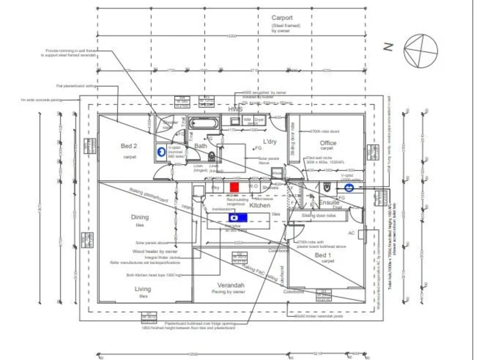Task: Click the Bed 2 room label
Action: (x=129, y=146)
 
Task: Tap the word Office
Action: (x=328, y=143)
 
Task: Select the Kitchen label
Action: (x=260, y=205)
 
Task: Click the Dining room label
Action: (x=140, y=217)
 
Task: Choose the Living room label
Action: (x=143, y=289)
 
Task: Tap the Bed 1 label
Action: (x=323, y=255)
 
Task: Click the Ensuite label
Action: (x=329, y=203)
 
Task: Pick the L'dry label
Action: (x=270, y=142)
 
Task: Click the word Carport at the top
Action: (x=282, y=18)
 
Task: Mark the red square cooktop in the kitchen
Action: (x=234, y=187)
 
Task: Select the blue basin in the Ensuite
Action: (x=350, y=188)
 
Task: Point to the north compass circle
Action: (x=421, y=51)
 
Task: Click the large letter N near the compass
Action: (x=388, y=47)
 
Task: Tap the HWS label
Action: (x=235, y=109)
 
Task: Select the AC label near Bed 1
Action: (x=351, y=233)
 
